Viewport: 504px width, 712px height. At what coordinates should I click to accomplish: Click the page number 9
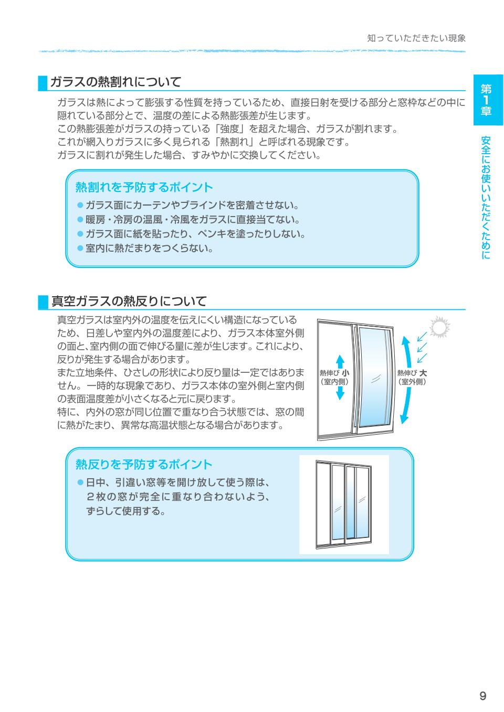482,696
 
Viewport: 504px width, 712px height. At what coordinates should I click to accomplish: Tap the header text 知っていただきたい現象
416,38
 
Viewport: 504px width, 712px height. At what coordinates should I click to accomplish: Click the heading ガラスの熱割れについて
115,82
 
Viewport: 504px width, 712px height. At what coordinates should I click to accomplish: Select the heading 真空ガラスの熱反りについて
129,301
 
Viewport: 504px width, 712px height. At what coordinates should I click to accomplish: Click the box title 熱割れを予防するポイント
144,187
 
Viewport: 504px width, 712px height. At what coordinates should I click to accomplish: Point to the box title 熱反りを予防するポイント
144,464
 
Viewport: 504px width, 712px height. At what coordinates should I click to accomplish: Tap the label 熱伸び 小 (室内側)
334,377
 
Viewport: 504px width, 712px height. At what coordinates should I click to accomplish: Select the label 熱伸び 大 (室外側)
412,377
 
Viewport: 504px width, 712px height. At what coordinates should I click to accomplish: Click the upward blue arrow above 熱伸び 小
340,361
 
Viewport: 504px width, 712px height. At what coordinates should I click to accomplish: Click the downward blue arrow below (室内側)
340,393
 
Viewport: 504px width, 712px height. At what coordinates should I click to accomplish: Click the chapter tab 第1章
488,100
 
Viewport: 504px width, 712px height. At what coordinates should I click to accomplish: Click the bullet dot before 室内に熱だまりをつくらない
80,249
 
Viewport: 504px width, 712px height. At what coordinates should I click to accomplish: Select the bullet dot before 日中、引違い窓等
80,482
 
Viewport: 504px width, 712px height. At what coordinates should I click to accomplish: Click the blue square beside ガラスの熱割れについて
43,82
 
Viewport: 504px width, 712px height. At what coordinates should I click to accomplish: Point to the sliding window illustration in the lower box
344,504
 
